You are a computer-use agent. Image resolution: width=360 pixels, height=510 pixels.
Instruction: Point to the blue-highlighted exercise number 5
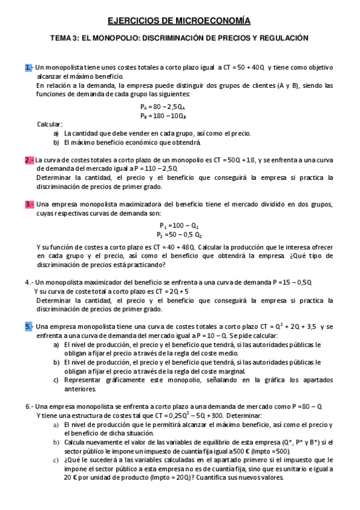pos(29,326)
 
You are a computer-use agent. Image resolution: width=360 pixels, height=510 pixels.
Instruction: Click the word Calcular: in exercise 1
pos(50,124)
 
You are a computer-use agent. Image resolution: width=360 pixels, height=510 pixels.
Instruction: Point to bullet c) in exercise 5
pos(56,380)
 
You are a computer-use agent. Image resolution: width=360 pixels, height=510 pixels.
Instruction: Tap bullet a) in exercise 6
pos(56,425)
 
